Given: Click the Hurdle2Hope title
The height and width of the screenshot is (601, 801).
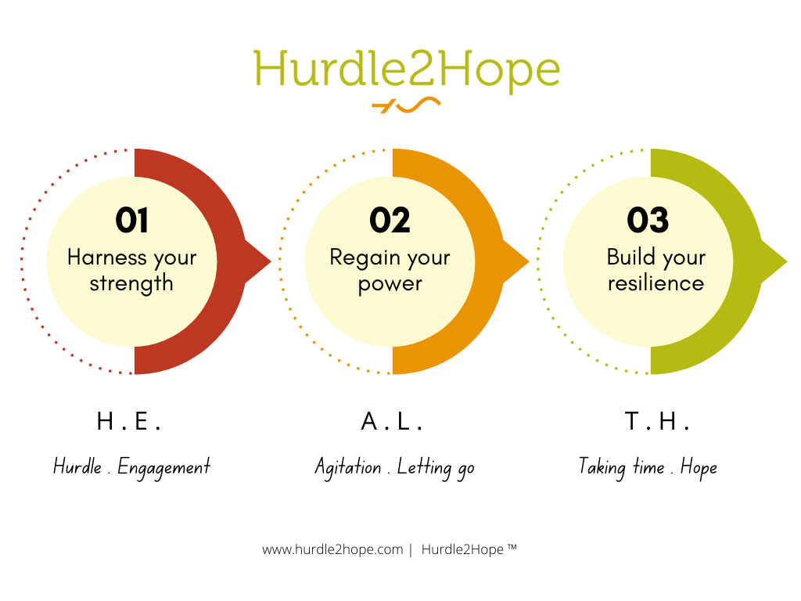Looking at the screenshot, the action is (x=407, y=70).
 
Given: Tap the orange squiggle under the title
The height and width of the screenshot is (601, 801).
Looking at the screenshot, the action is (x=406, y=105).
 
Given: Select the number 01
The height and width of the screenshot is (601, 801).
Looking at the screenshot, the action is (x=131, y=221).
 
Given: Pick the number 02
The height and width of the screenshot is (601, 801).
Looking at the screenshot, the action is (x=390, y=221).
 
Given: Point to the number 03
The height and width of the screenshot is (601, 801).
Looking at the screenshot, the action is (x=648, y=221).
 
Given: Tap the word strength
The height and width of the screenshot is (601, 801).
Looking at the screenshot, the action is (x=131, y=283).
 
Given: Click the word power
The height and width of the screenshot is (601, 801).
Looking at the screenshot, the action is (x=390, y=284).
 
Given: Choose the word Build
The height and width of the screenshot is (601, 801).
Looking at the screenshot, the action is (x=630, y=257).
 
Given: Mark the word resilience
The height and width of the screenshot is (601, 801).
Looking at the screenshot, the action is (x=656, y=283).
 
